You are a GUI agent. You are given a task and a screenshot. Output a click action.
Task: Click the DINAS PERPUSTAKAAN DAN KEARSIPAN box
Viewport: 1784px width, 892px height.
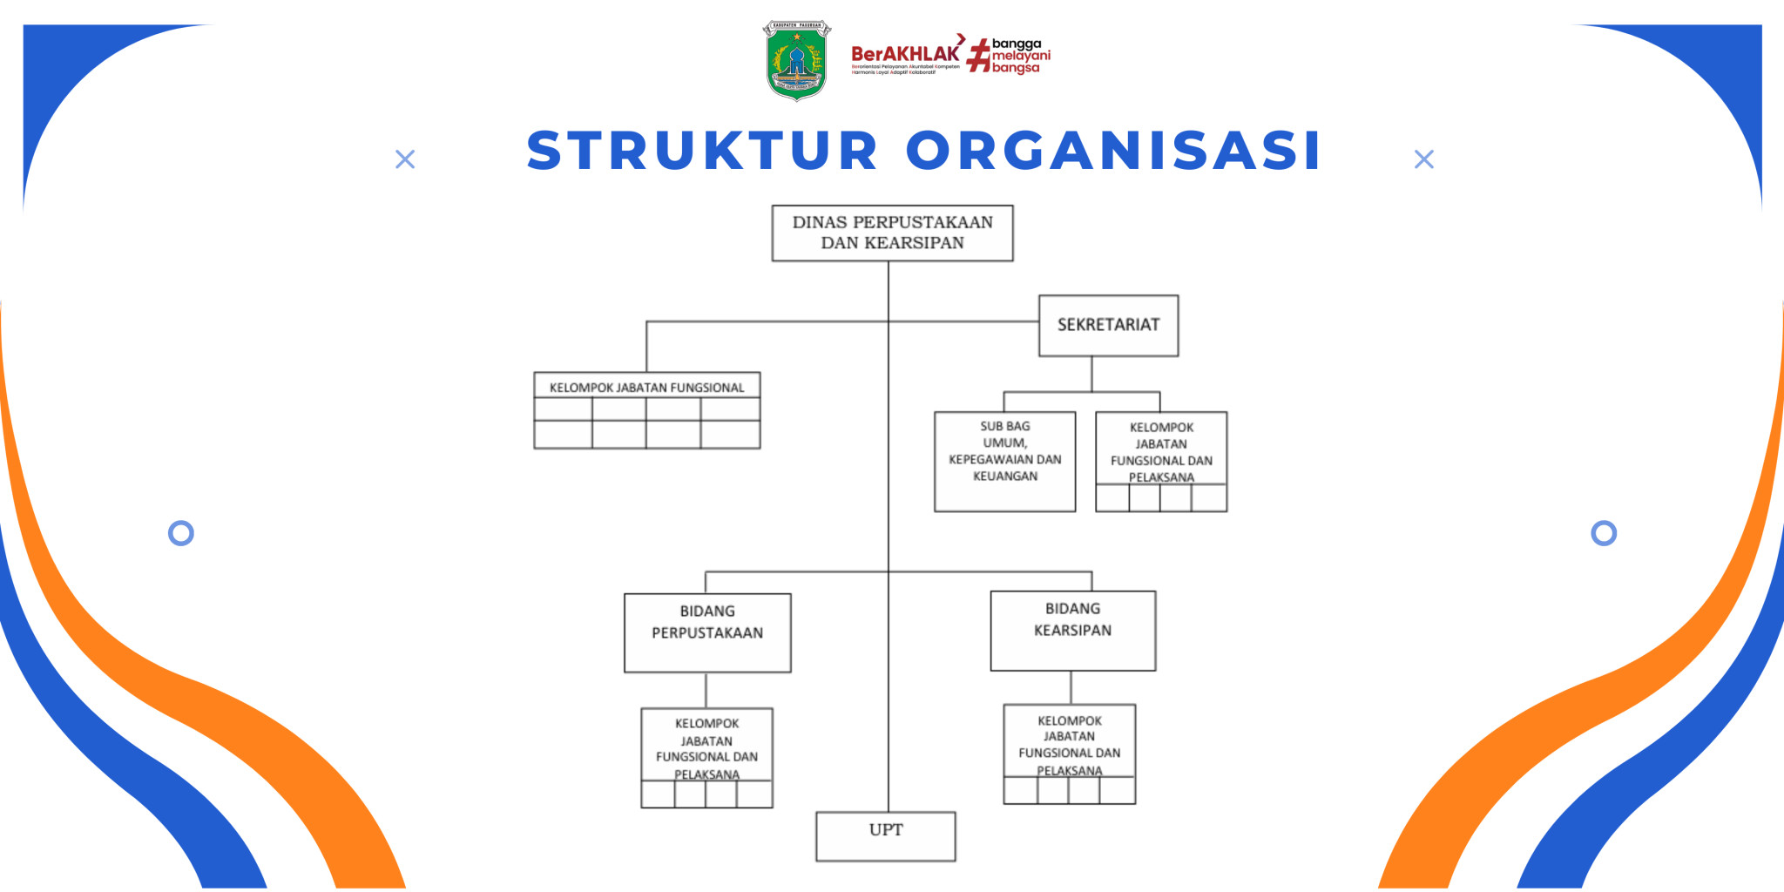892,233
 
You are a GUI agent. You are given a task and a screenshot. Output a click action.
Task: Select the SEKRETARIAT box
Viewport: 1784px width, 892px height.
1108,325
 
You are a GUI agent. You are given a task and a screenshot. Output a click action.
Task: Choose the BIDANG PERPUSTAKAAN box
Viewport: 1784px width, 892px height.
707,632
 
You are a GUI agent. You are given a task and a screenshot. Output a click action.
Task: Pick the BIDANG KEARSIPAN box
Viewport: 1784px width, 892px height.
1072,630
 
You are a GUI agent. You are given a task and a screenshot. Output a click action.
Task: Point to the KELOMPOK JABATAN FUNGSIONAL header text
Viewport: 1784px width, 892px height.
646,388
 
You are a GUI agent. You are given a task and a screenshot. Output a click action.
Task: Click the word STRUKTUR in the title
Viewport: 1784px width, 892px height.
702,151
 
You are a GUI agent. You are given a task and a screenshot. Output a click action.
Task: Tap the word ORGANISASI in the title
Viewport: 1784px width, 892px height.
1114,151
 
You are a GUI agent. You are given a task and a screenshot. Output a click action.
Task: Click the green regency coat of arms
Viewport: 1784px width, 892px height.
796,60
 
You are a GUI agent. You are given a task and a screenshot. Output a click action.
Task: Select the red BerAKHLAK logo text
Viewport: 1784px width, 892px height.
905,54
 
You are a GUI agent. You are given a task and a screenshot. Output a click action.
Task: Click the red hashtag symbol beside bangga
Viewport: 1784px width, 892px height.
980,56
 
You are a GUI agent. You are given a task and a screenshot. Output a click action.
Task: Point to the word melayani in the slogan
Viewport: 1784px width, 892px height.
1021,56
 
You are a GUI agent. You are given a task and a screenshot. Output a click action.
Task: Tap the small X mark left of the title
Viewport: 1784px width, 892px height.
405,159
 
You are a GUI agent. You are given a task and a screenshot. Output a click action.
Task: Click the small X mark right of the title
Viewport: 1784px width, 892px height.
1423,159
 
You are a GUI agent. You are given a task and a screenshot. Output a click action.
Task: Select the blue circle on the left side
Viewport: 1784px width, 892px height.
181,533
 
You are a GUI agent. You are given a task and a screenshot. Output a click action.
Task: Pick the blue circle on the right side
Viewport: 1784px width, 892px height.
1603,533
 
